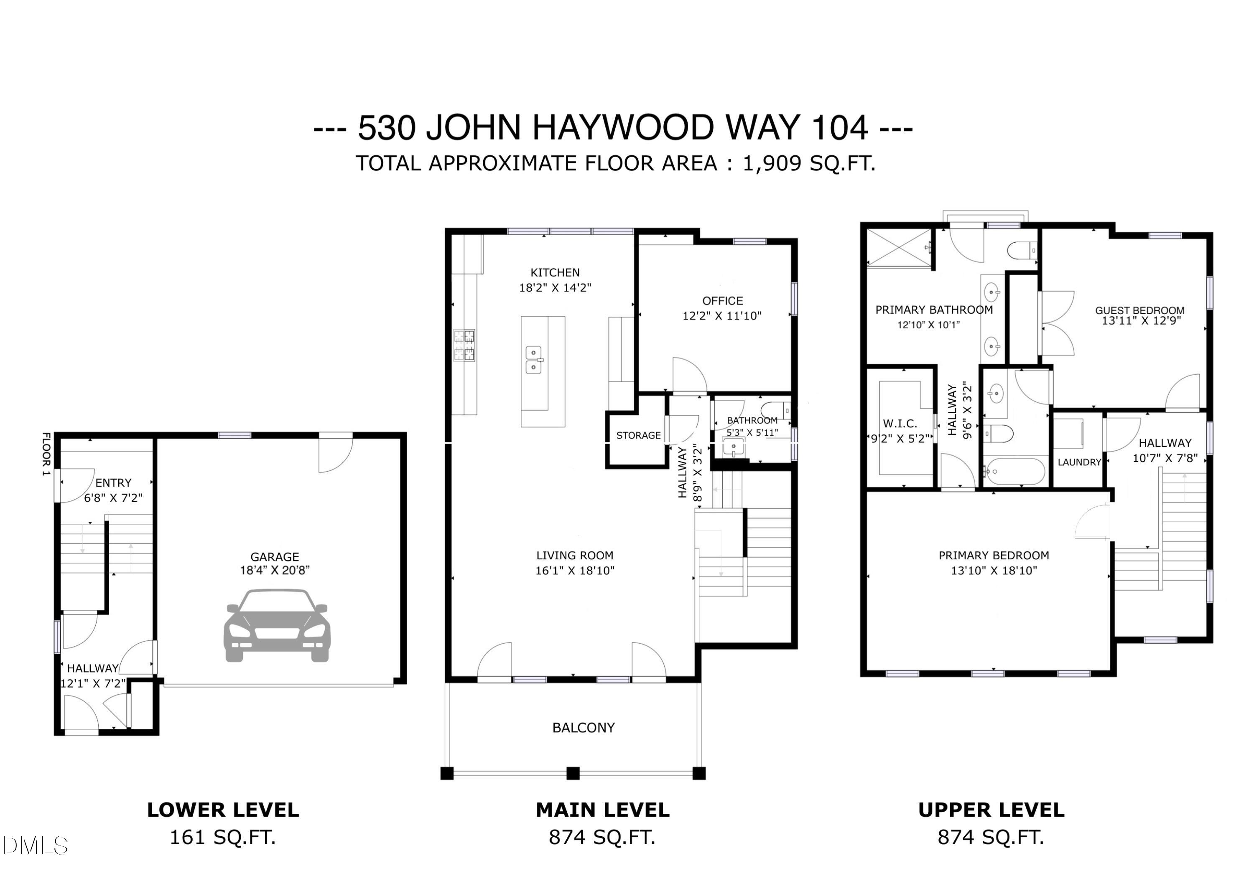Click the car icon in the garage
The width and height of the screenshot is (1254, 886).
pyautogui.click(x=277, y=626)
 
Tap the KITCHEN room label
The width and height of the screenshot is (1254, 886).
pyautogui.click(x=555, y=272)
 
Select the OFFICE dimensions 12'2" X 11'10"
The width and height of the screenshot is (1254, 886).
pyautogui.click(x=721, y=315)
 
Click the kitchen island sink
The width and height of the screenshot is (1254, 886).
pyautogui.click(x=534, y=360)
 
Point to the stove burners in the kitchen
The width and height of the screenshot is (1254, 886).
pyautogui.click(x=464, y=345)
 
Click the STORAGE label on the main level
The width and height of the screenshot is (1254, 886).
pyautogui.click(x=638, y=436)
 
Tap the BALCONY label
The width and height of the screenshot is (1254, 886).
pyautogui.click(x=583, y=728)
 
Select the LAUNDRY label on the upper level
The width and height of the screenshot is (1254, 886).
pyautogui.click(x=1079, y=462)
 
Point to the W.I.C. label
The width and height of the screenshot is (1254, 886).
pyautogui.click(x=900, y=424)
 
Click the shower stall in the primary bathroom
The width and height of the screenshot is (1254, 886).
pyautogui.click(x=899, y=248)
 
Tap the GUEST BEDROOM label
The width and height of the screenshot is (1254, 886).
pyautogui.click(x=1139, y=310)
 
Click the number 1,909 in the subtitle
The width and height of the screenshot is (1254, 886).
pyautogui.click(x=772, y=163)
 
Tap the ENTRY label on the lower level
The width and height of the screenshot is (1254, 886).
pyautogui.click(x=113, y=482)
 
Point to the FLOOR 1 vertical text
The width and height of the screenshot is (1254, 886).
pyautogui.click(x=46, y=454)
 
